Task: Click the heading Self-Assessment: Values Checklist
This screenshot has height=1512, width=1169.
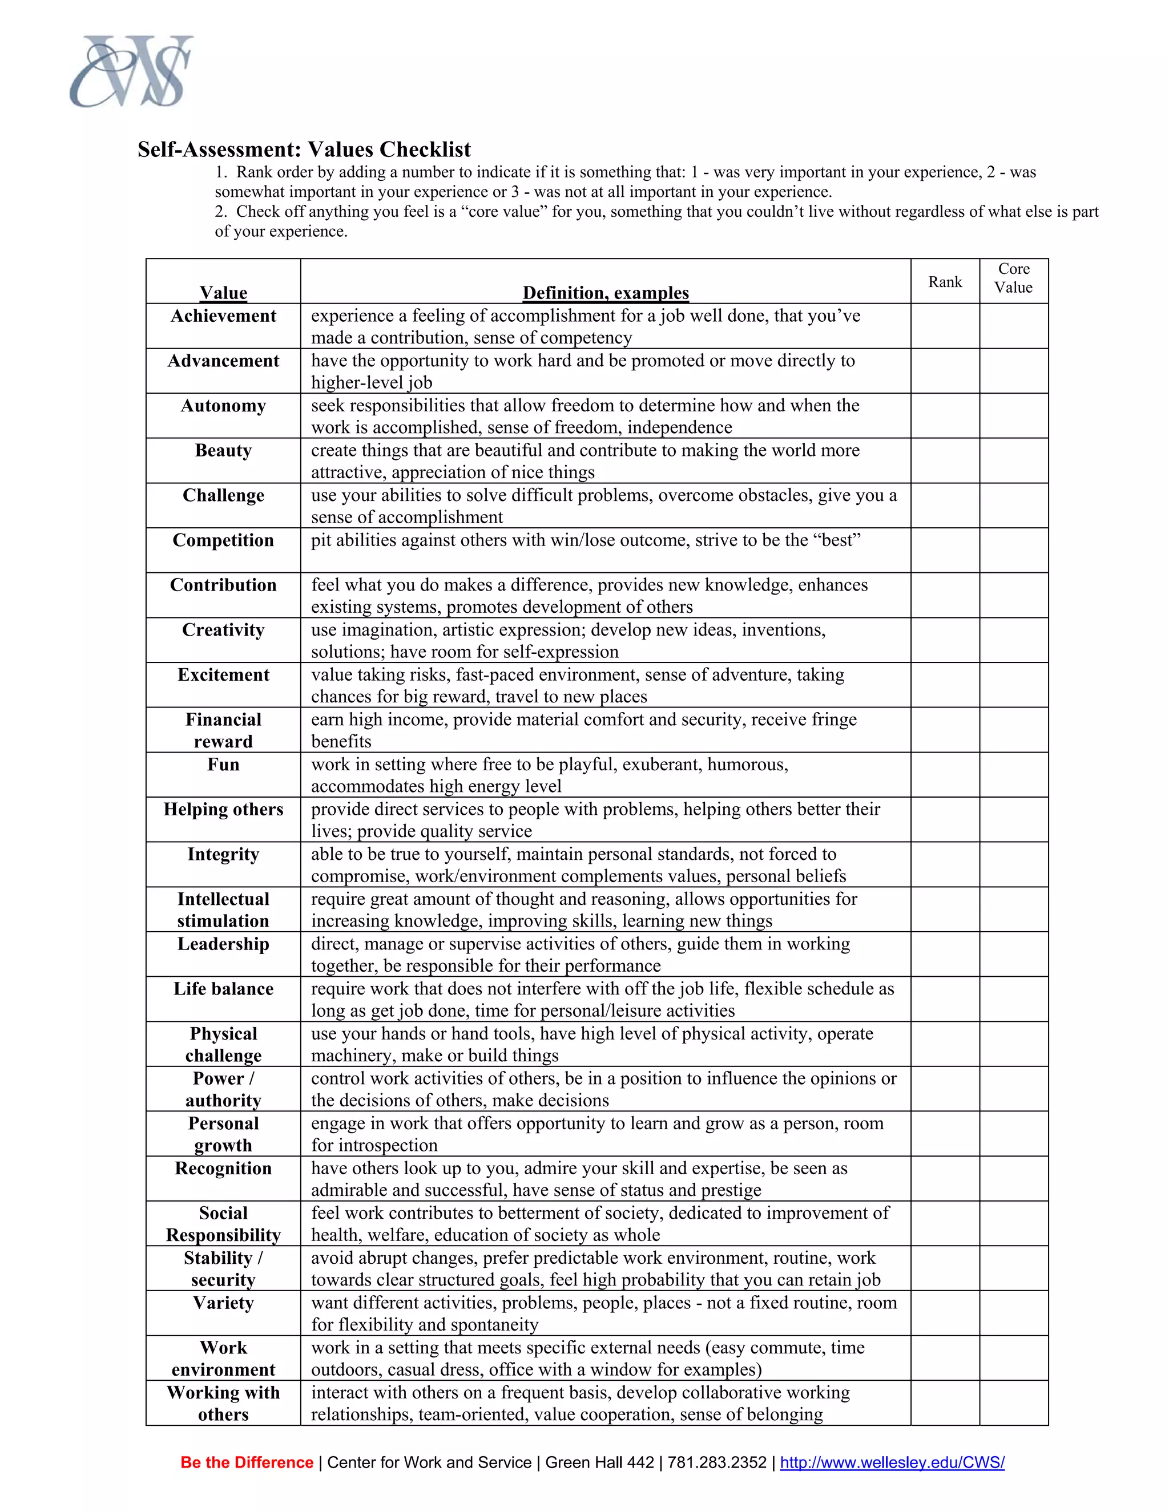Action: coord(304,149)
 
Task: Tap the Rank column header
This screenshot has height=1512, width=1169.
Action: coord(945,282)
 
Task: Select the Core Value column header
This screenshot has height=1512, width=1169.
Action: coord(1013,278)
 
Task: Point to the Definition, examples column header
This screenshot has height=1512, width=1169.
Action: coord(605,293)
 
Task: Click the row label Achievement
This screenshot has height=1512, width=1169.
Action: coord(223,317)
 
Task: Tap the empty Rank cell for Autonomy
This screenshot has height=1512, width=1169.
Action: coord(945,415)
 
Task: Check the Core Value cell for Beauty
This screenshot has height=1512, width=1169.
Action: coord(1013,460)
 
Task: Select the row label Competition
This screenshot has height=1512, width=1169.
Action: coord(223,541)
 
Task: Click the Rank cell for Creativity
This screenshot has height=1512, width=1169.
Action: coord(945,640)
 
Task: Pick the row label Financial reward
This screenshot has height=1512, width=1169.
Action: coord(223,730)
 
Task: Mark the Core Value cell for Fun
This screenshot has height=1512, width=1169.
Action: coord(1013,775)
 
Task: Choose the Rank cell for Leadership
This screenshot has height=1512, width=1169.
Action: coord(945,954)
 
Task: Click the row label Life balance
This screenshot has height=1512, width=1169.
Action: coord(223,989)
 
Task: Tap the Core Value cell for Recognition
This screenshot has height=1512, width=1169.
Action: coord(1013,1178)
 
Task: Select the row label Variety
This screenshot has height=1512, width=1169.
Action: coord(223,1304)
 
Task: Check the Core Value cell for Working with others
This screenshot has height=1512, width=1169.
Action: coord(1013,1402)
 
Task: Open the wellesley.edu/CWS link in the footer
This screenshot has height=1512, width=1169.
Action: coord(892,1463)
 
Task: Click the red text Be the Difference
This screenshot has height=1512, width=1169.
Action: coord(247,1463)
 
